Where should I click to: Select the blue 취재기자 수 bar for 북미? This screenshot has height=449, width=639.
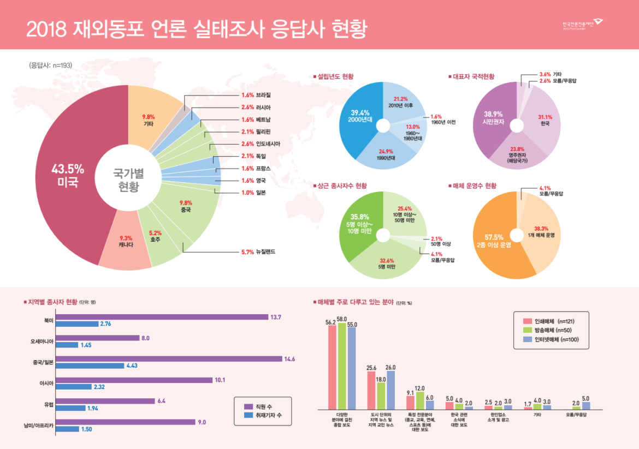[x=76, y=324]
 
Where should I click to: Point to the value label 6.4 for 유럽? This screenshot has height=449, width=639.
[x=161, y=401]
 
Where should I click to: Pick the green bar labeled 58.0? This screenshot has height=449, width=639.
[x=342, y=366]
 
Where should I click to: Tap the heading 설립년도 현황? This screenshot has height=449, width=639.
[x=335, y=77]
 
